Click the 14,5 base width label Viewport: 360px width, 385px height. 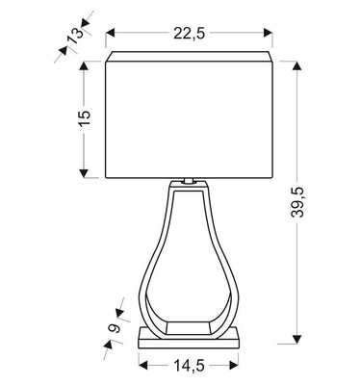[x=189, y=365]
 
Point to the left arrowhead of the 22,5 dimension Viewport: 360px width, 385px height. [x=109, y=33]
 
